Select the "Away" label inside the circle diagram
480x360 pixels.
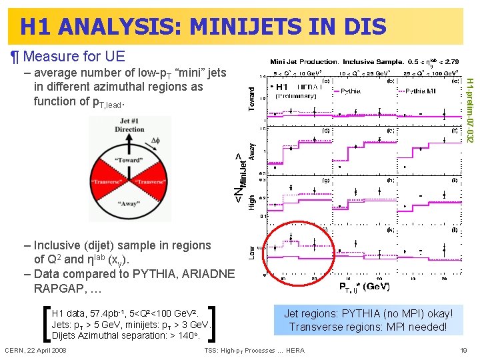pos(128,205)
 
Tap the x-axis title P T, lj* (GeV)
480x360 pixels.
pos(364,287)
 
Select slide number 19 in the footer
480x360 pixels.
pos(463,350)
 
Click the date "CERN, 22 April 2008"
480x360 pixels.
pos(35,350)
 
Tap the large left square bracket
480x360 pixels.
pos(45,323)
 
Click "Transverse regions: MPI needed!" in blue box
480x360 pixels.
pos(369,327)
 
